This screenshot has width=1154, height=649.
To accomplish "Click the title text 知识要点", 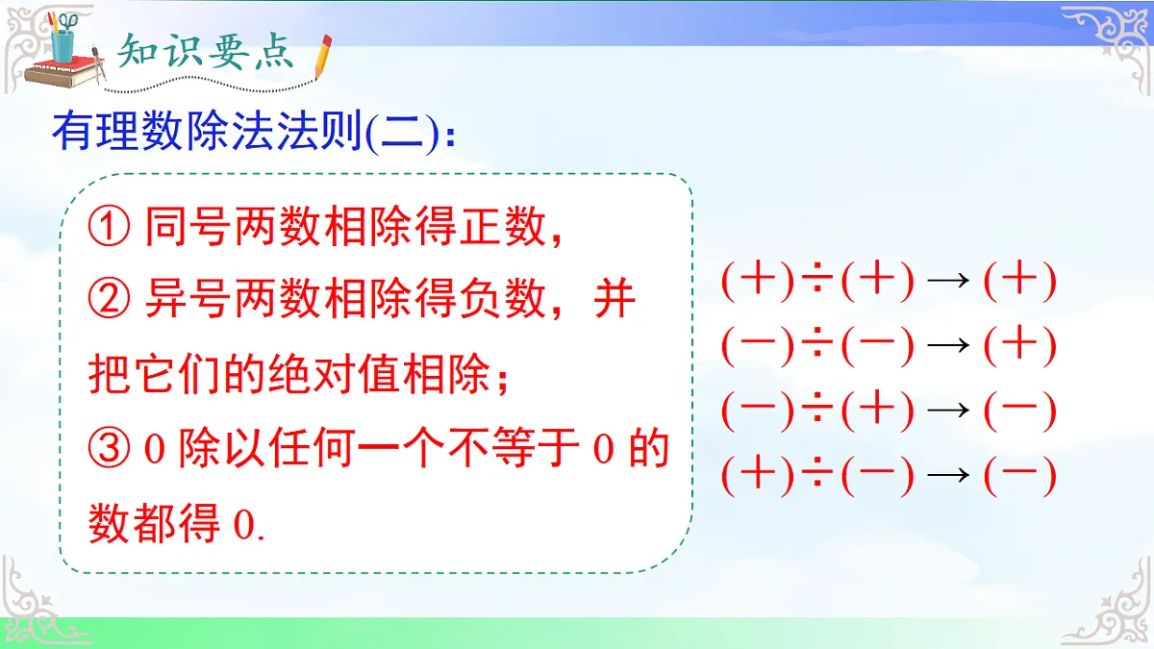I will click(x=205, y=53).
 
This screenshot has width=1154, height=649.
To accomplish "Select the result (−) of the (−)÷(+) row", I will click(x=1020, y=412).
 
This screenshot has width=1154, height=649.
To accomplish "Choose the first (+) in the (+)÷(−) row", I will click(x=758, y=475).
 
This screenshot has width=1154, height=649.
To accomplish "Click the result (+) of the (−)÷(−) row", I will click(x=1020, y=346).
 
